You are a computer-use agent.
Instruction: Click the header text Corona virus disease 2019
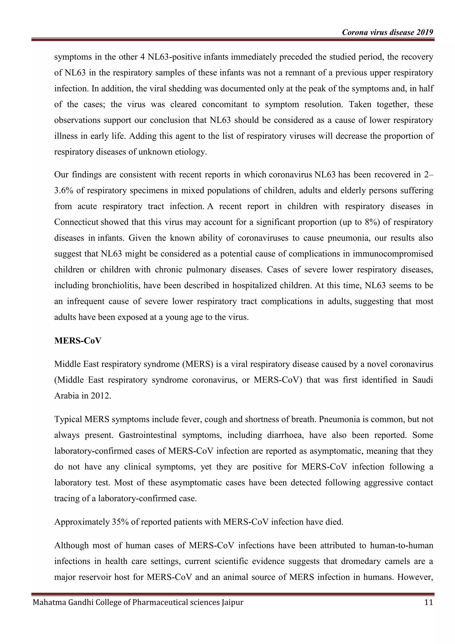tap(387, 32)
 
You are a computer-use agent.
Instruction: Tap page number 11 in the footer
tap(429, 602)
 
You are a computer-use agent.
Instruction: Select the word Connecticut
tap(76, 222)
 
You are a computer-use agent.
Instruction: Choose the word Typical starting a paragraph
tap(68, 419)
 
